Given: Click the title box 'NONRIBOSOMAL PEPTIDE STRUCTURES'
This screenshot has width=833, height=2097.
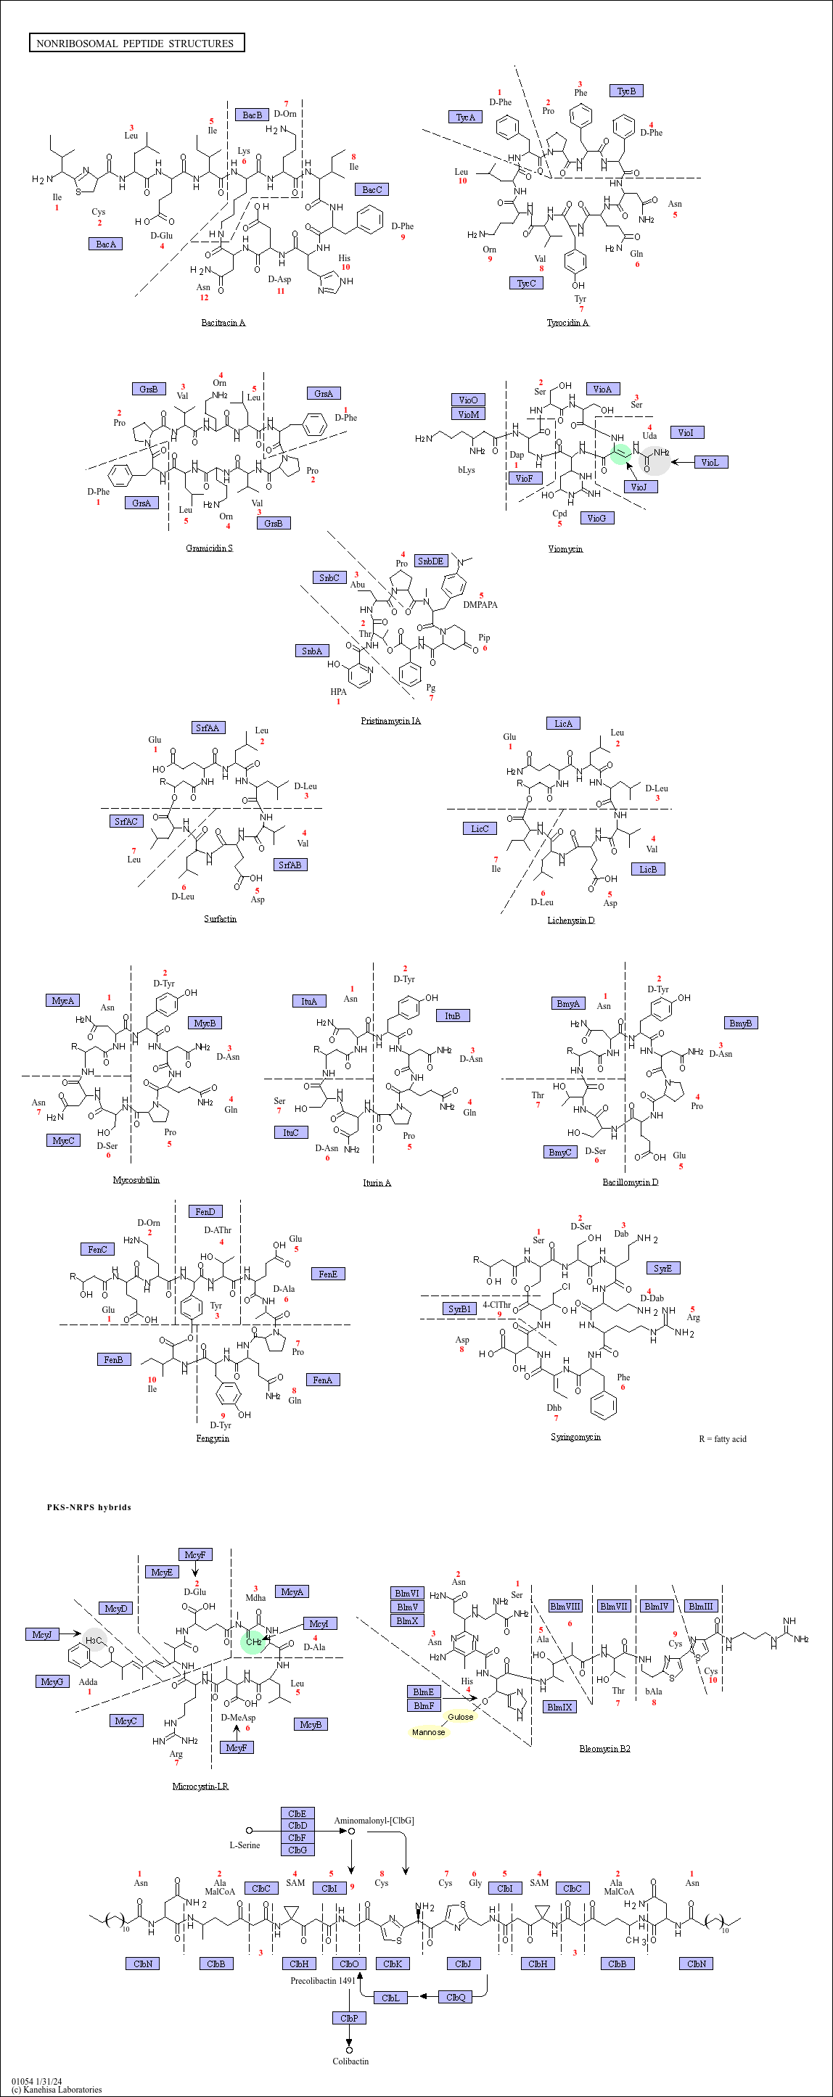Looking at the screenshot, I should click(x=136, y=43).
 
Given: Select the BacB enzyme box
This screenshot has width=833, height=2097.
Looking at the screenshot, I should click(x=252, y=115).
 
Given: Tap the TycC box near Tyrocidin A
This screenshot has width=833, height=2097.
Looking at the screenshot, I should click(x=526, y=284).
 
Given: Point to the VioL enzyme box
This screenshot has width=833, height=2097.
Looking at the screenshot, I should click(x=709, y=462).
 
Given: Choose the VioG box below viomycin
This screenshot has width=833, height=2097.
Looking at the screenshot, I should click(x=596, y=519).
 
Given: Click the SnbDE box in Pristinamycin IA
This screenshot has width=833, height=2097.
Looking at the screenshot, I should click(x=430, y=561).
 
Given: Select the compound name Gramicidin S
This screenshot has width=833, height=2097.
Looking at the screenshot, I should click(x=209, y=548).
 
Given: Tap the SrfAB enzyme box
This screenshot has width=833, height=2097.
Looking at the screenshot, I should click(x=290, y=865).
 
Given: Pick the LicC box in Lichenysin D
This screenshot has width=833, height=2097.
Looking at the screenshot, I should click(x=480, y=828).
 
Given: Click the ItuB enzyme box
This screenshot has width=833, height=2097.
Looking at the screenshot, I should click(x=452, y=1016).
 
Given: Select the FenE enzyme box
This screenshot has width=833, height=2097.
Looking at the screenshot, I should click(x=327, y=1274).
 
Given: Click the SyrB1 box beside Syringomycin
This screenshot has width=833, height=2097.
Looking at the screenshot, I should click(x=459, y=1309).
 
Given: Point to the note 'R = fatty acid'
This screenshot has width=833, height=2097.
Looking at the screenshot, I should click(x=722, y=1439).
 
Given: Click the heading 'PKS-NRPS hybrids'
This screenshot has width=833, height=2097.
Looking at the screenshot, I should click(x=89, y=1507).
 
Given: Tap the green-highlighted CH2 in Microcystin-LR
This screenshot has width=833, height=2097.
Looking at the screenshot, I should click(x=253, y=1642).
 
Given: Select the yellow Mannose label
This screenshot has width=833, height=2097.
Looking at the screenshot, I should click(x=428, y=1732).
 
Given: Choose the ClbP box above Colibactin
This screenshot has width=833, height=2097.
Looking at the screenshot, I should click(x=348, y=2018).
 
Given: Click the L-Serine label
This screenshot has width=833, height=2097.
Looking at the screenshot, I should click(x=245, y=1845).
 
